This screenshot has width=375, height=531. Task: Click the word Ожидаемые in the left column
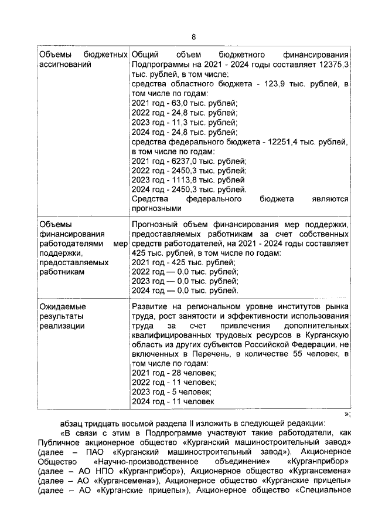point(62,307)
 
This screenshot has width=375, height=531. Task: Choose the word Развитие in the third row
point(149,307)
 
